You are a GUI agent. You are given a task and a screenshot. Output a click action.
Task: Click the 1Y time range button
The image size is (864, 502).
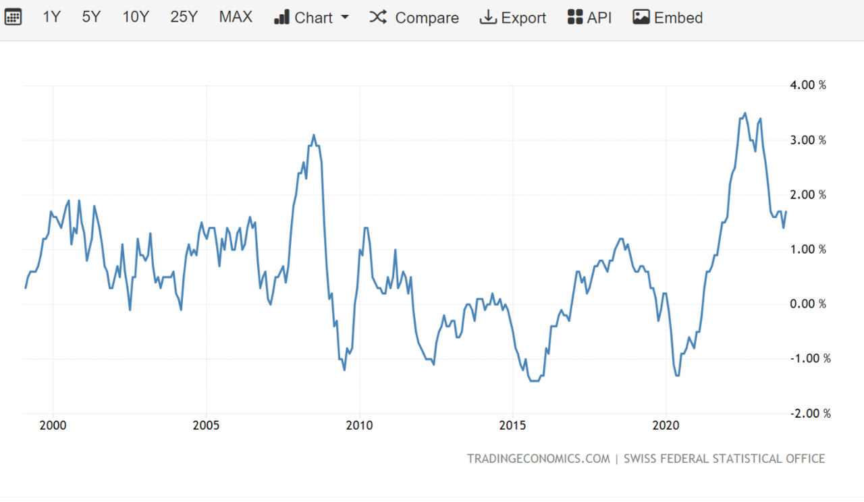pos(51,18)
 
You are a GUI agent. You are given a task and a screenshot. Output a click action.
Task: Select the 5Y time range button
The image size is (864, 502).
pos(91,18)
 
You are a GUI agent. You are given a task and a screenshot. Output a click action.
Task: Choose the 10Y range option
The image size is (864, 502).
pos(136,18)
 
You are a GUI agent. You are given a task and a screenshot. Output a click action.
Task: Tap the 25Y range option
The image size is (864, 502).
pos(184,18)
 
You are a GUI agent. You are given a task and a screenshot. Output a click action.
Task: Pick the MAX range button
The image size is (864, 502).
pos(236,18)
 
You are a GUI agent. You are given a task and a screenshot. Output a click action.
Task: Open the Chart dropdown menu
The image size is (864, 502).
pos(312,18)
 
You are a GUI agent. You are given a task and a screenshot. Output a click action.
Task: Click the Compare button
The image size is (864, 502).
pos(414,18)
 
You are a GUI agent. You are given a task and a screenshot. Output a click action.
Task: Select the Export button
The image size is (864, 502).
pos(513,18)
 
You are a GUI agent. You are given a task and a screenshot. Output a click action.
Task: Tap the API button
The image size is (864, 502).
pos(590,18)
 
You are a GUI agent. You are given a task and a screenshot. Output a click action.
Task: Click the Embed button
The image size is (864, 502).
pos(668,18)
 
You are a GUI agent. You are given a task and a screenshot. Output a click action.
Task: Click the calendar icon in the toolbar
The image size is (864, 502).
pos(13,18)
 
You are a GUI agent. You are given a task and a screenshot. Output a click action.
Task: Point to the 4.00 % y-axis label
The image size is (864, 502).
pos(809,86)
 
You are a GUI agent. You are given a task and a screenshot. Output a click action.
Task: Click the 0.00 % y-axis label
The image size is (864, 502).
pos(809,304)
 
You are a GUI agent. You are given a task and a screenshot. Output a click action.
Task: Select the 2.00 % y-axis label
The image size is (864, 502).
pos(809,195)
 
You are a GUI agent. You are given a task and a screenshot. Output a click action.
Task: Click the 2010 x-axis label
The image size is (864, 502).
pos(359,426)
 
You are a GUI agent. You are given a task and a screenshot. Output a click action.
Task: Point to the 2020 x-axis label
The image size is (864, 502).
pos(666,426)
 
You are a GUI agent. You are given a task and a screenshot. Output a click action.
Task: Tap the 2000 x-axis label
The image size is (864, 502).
pos(53,426)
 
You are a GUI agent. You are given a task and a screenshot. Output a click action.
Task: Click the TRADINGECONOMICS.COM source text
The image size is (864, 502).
pos(538,459)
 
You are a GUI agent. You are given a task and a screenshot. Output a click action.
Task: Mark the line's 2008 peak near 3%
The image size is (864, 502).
pos(314,135)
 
